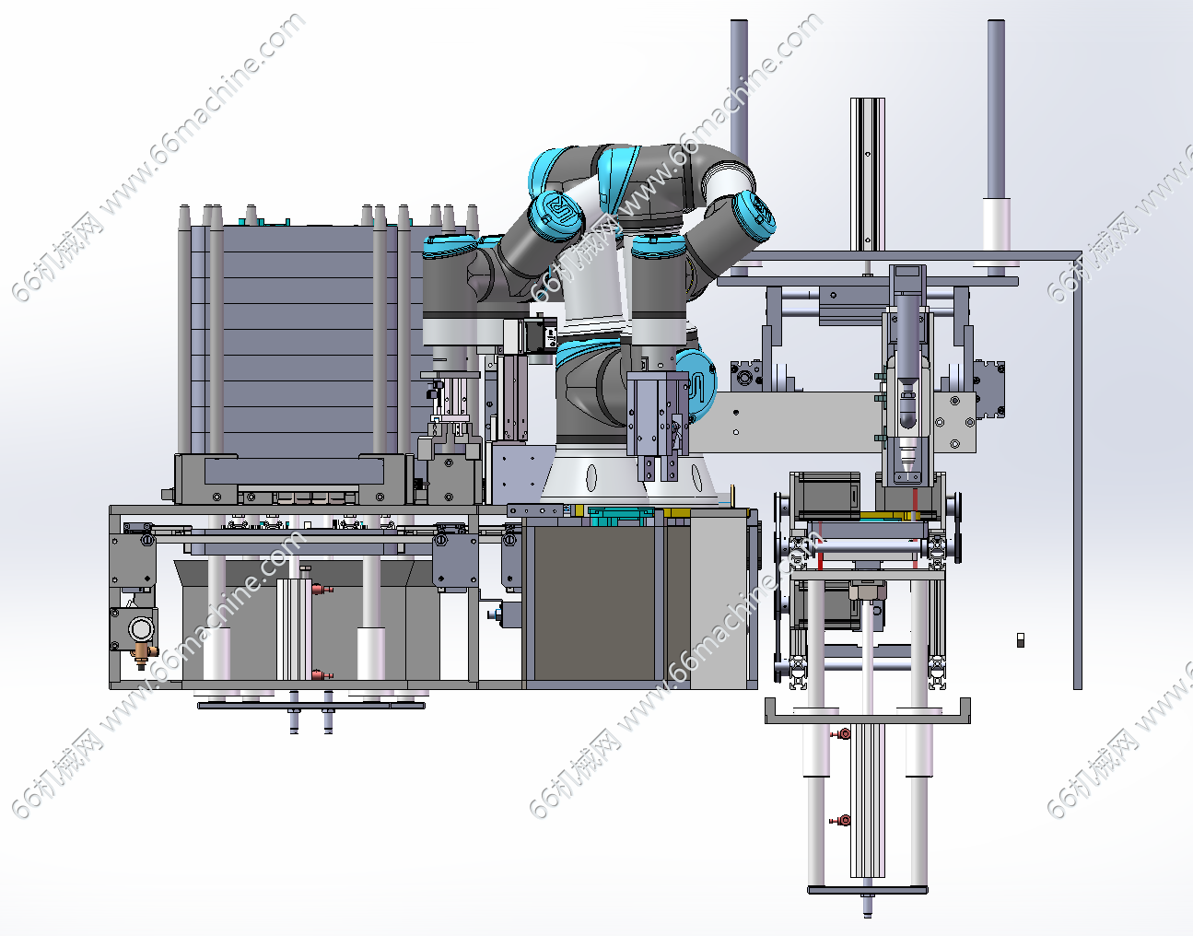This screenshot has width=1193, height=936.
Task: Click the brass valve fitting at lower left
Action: coord(143,654)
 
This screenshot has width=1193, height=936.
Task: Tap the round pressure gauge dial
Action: coord(141,628)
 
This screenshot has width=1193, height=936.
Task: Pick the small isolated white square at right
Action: coord(1020,640)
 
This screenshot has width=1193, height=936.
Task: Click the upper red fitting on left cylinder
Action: coord(322,590)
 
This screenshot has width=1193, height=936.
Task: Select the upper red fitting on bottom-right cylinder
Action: coord(840,734)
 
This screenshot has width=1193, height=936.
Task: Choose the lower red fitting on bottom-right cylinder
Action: coord(840,821)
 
